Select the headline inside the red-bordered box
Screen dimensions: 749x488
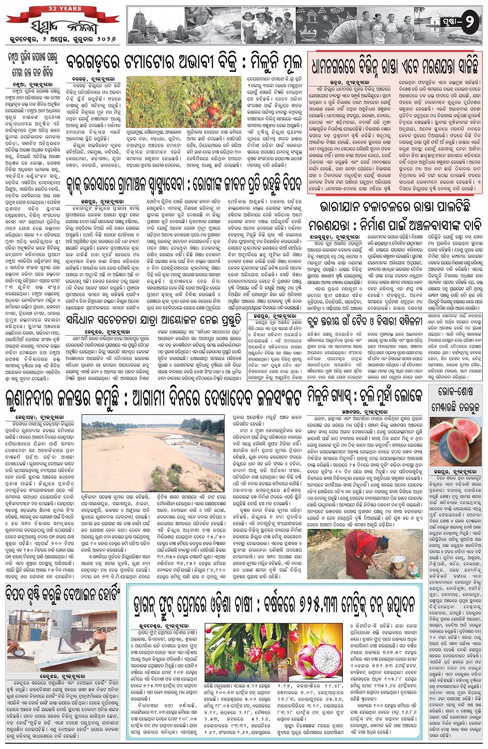[394, 66]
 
